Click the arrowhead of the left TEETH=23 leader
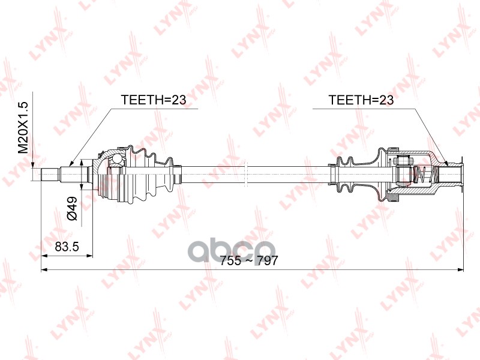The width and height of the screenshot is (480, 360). (71, 164)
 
